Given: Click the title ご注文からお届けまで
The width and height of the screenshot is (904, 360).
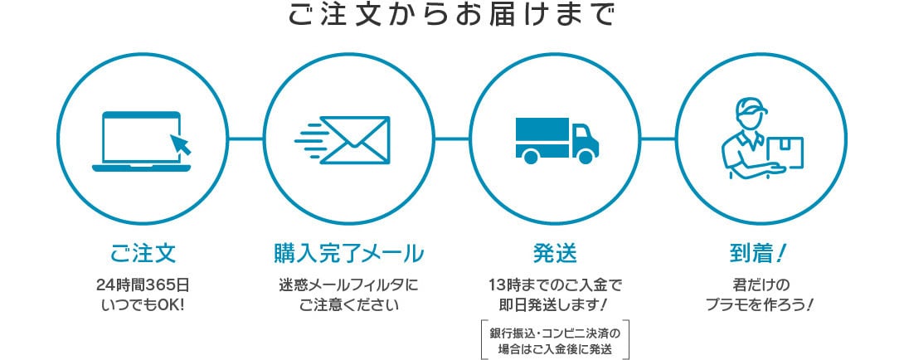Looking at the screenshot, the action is point(451,16).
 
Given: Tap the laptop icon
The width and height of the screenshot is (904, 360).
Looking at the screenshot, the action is point(142,141).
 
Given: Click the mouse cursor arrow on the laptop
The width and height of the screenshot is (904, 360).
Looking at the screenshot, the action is point(181,144).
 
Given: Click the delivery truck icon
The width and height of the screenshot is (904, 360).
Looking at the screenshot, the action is point(557,141).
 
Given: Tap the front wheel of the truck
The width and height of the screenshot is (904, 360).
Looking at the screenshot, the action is point(585,156).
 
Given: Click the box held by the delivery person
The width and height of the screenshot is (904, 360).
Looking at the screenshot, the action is point(785,151).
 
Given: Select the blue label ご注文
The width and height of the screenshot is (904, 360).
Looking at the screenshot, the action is point(143,254).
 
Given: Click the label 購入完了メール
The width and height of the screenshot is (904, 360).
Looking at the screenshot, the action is point(349,254).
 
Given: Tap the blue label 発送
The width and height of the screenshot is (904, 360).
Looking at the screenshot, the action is point(555,254).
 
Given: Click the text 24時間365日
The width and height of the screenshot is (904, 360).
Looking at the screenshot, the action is point(143,285).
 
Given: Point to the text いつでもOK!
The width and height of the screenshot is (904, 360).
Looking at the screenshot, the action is point(143,304).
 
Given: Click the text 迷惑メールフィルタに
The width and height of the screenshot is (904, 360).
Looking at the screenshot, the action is point(349,285).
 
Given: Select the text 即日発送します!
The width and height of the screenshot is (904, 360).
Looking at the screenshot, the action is point(555,304).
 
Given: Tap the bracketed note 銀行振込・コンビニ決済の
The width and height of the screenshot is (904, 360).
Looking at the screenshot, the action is point(555,333).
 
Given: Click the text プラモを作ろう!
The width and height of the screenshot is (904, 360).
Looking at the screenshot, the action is point(760,304).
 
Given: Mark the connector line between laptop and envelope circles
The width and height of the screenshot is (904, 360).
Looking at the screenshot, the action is point(245,139).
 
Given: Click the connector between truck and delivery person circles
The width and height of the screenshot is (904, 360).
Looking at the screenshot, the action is point(658,139).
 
